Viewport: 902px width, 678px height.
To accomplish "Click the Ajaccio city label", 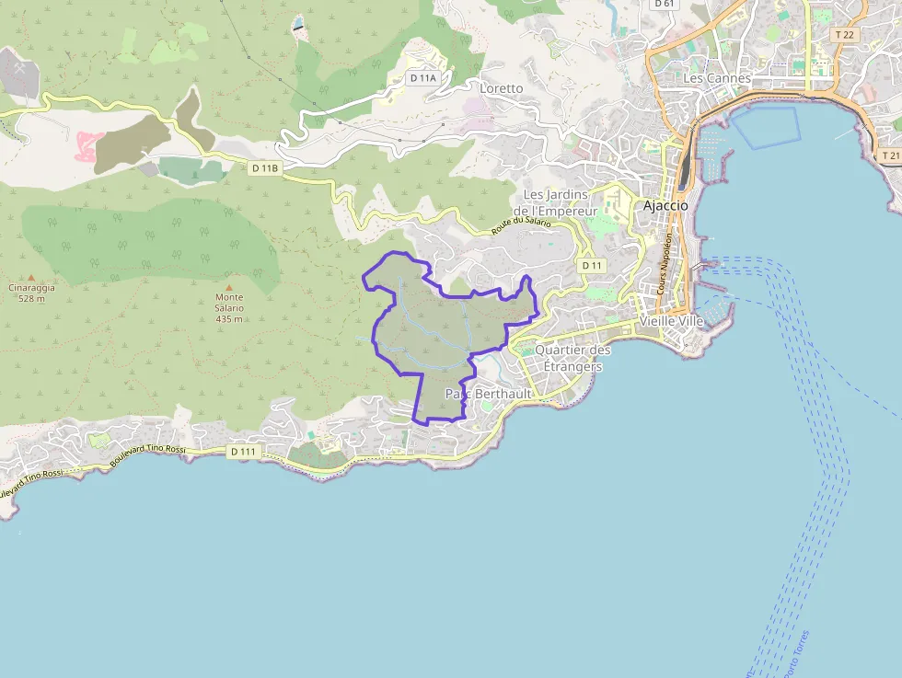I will [665, 205].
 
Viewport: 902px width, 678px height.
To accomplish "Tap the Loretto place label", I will [502, 88].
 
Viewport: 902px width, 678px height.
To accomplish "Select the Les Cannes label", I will [717, 78].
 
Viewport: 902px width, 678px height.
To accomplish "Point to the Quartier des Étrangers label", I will [572, 358].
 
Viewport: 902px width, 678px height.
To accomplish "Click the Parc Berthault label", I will [488, 394].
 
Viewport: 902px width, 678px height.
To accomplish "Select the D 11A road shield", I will [423, 78].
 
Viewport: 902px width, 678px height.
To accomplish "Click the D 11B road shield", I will [264, 167].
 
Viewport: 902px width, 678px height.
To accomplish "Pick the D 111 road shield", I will [243, 452].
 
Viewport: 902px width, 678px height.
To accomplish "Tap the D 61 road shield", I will [664, 4].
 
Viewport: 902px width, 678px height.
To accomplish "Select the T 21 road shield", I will [889, 155].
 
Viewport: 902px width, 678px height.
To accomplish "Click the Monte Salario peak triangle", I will [229, 287].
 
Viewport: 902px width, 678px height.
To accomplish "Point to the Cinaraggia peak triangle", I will [31, 277].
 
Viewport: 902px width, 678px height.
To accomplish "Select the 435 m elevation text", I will [229, 318].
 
